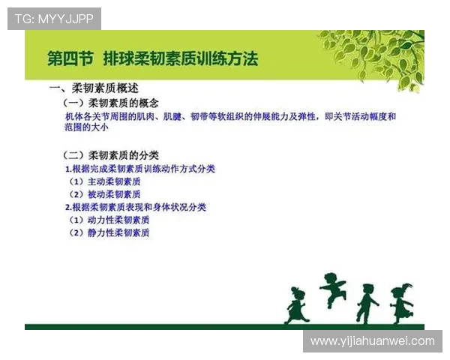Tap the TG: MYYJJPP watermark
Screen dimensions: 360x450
click(54, 19)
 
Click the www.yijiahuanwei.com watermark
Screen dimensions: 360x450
click(372, 340)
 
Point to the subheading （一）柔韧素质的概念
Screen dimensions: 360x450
click(112, 103)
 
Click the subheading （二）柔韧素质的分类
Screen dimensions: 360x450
click(112, 155)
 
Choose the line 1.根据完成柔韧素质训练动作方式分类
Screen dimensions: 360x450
click(140, 169)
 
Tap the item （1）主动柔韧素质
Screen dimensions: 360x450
click(104, 181)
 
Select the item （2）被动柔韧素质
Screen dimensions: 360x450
click(104, 194)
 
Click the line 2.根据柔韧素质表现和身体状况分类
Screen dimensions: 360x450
click(136, 207)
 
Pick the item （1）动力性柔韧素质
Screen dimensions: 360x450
click(109, 220)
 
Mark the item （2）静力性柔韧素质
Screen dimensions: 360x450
click(109, 232)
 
